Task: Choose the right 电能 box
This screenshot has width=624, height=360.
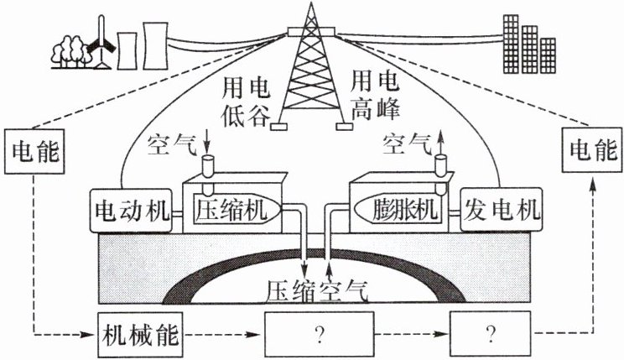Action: coord(592,151)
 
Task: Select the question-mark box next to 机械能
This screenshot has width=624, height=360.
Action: coord(318,335)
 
